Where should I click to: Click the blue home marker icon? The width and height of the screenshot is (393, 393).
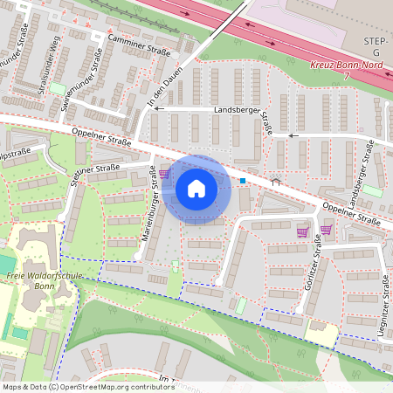coord(196,189)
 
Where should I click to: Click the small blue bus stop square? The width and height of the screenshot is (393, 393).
coord(243,181)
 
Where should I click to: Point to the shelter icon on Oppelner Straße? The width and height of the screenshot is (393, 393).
coord(275,181)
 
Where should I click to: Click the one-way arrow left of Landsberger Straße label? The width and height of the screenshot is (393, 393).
coord(160,110)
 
